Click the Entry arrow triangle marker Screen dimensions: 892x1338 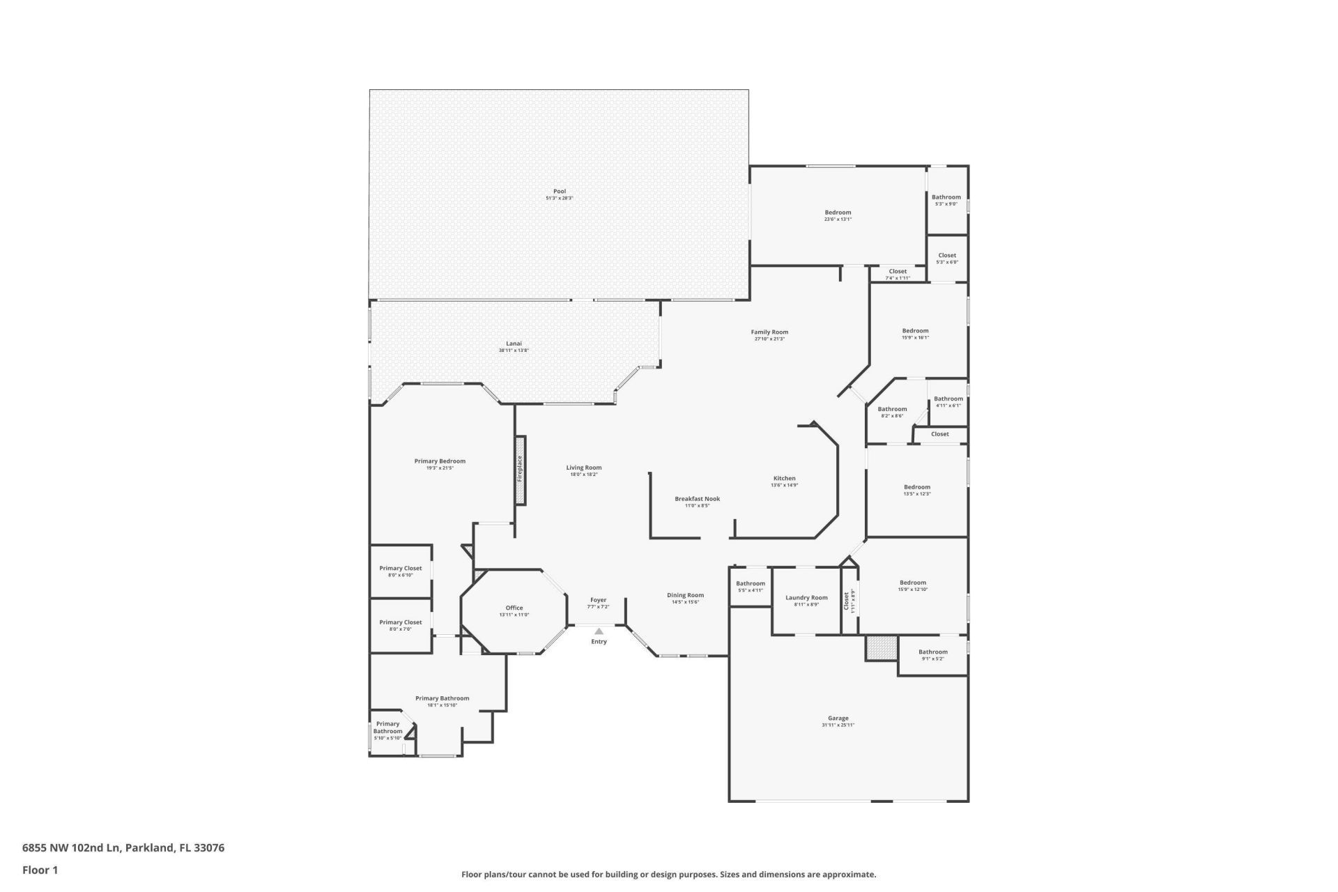click(599, 631)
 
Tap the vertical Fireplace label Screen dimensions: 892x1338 click(520, 470)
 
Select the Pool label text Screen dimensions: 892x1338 click(560, 192)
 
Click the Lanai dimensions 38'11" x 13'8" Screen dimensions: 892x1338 click(514, 351)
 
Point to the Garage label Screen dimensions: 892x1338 click(838, 718)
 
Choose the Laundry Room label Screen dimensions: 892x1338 click(806, 598)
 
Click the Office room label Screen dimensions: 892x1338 click(514, 608)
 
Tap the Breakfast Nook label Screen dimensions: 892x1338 click(697, 499)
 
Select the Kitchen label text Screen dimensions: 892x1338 click(784, 479)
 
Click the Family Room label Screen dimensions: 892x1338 click(769, 332)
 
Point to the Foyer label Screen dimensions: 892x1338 click(598, 600)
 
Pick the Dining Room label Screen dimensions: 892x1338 click(685, 596)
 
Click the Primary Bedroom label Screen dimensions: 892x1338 click(440, 461)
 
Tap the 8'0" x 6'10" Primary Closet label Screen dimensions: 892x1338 click(401, 569)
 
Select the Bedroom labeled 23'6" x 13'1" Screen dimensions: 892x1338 click(838, 213)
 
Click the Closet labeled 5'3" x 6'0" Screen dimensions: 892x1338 click(947, 256)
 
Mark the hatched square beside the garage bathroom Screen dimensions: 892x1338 click(882, 647)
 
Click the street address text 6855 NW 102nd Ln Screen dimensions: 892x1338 click(72, 848)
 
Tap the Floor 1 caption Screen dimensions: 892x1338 click(40, 870)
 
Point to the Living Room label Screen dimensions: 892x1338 click(583, 468)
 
